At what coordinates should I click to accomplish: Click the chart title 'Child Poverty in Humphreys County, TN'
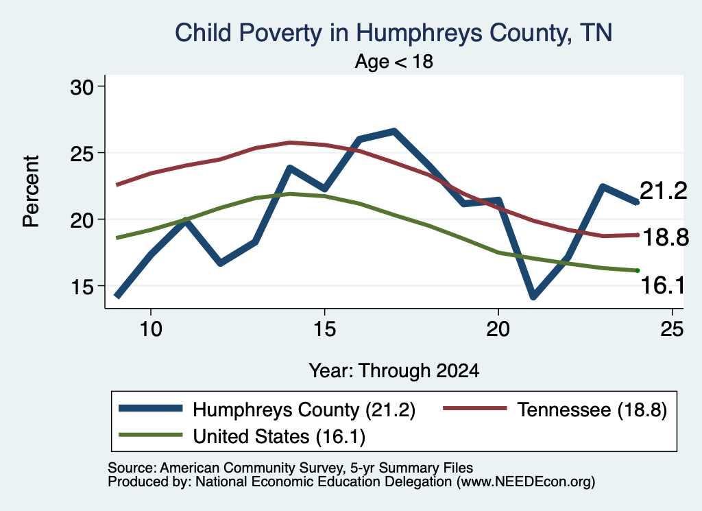pyautogui.click(x=394, y=33)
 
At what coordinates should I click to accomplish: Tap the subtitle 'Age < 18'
pyautogui.click(x=394, y=61)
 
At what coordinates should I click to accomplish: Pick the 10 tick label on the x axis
pyautogui.click(x=151, y=329)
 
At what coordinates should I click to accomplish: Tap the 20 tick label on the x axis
pyautogui.click(x=498, y=329)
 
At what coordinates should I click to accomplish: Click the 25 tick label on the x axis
pyautogui.click(x=672, y=329)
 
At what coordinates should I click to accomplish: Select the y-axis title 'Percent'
pyautogui.click(x=32, y=191)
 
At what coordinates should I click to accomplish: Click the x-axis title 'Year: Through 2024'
pyautogui.click(x=394, y=371)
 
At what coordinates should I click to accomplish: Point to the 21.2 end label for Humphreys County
pyautogui.click(x=664, y=191)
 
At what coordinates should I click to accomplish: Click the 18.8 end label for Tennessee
pyautogui.click(x=666, y=237)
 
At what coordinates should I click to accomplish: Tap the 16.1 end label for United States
pyautogui.click(x=663, y=285)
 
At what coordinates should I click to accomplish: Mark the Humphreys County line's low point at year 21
pyautogui.click(x=533, y=296)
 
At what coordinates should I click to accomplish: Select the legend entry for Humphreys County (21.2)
pyautogui.click(x=267, y=409)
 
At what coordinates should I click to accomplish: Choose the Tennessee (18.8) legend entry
pyautogui.click(x=555, y=409)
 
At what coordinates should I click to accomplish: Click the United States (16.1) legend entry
pyautogui.click(x=242, y=436)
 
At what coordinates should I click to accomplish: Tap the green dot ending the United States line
pyautogui.click(x=638, y=270)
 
